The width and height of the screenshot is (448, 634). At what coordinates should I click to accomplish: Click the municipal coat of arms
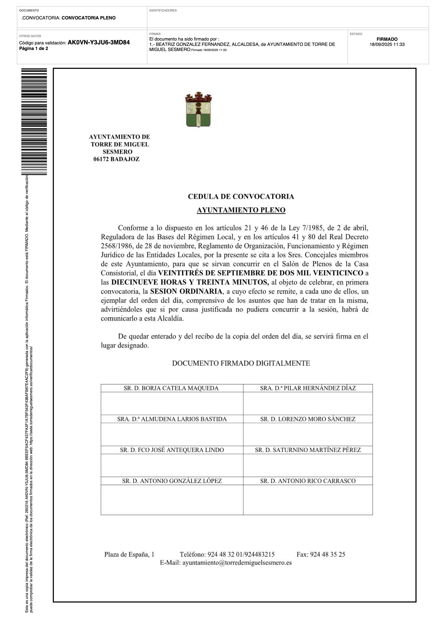[x=198, y=110]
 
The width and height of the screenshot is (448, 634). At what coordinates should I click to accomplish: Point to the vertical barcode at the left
[x=34, y=121]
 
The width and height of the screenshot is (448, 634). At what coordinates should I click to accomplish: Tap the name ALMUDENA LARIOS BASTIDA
[x=172, y=419]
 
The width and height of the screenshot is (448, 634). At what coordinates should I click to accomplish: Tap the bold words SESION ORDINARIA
[x=186, y=292]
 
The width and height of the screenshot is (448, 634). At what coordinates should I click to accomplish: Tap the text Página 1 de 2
[x=34, y=49]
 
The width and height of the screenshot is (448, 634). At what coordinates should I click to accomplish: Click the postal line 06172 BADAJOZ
[x=116, y=159]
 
